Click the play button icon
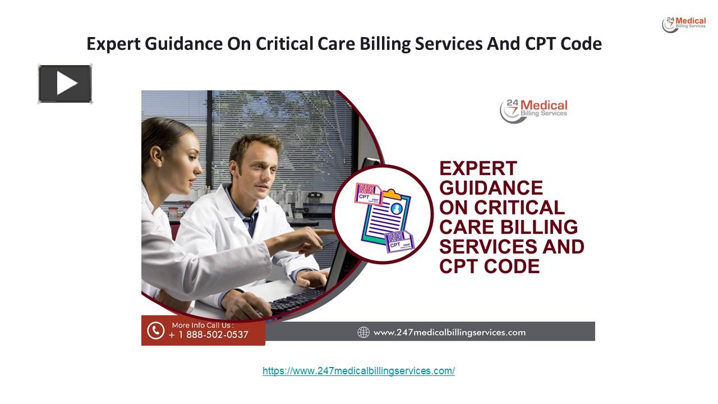(x=65, y=84)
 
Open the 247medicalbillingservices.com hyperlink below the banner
(x=358, y=371)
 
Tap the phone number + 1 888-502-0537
(x=209, y=335)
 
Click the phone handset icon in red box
(x=155, y=330)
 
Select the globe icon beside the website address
(x=363, y=332)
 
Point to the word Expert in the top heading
(x=113, y=44)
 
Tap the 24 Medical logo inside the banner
(x=533, y=110)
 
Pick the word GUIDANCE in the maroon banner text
(x=491, y=188)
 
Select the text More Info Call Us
(x=202, y=325)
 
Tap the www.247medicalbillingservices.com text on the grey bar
(x=449, y=332)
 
